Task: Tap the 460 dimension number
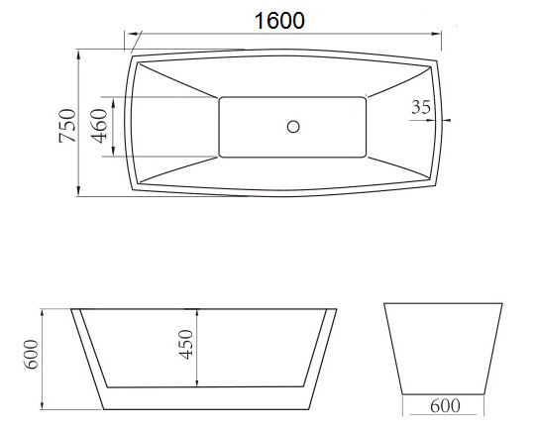pos(100,127)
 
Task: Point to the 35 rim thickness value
pos(420,108)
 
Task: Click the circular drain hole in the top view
pos(292,126)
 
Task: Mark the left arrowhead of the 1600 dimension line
pos(128,36)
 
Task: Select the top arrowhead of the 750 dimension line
pos(79,49)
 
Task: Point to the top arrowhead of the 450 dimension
pos(198,310)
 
